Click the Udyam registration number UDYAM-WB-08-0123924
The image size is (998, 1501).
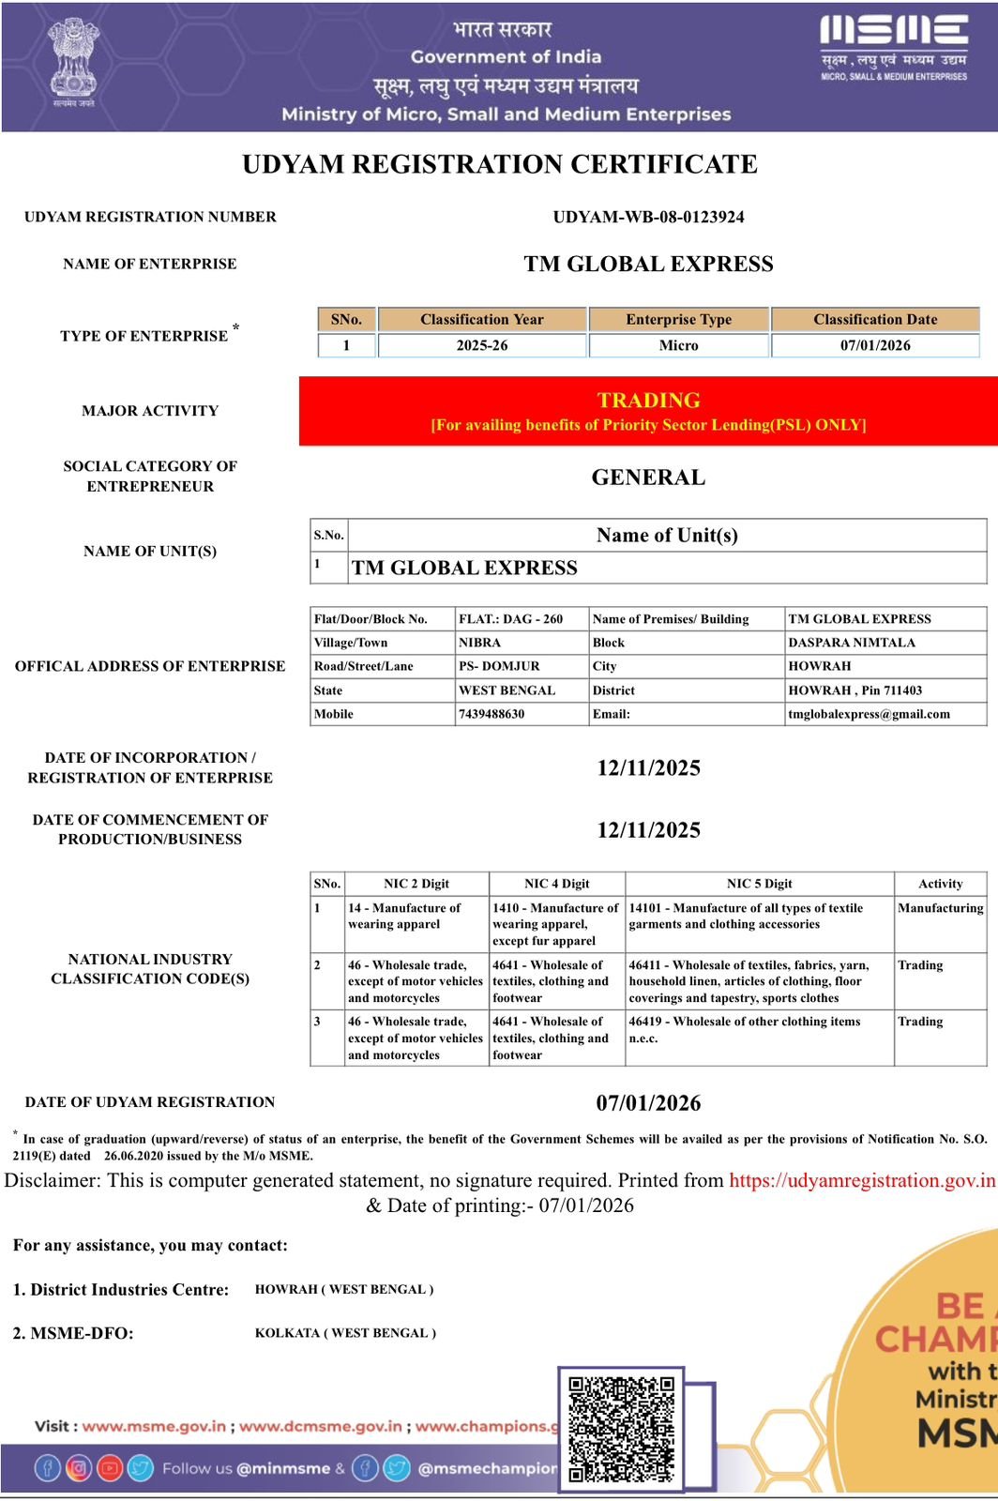(x=648, y=217)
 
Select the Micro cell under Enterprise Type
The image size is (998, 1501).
(x=678, y=345)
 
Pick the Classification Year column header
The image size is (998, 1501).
(x=482, y=319)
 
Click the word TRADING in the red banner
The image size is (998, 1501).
(x=648, y=401)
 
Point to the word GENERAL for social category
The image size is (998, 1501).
(x=648, y=478)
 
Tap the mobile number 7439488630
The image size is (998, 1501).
(x=491, y=714)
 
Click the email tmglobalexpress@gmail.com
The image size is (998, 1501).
(x=869, y=714)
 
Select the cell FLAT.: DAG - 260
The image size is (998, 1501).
(x=511, y=619)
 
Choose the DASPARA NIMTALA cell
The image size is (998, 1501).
(x=852, y=643)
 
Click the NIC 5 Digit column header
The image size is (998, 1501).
(x=759, y=884)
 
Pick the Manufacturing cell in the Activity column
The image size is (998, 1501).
(x=940, y=908)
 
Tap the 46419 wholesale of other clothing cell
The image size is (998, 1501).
(x=745, y=1029)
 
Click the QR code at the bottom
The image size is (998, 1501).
(x=622, y=1429)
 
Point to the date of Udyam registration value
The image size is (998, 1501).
(x=648, y=1103)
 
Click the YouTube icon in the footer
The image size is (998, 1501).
(x=110, y=1468)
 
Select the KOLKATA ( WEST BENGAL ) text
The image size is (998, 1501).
(x=345, y=1333)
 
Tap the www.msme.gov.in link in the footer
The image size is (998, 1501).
(x=154, y=1426)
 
